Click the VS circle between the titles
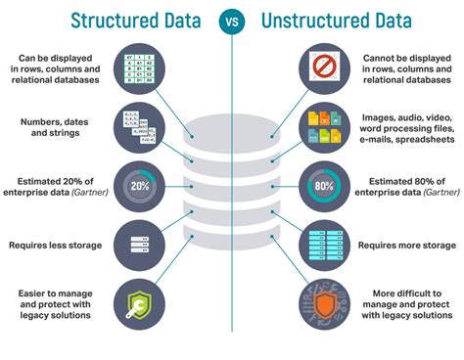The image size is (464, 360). pos(232,20)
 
